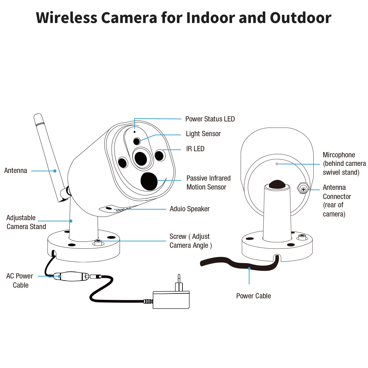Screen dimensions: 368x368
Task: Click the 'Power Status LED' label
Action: pos(210,119)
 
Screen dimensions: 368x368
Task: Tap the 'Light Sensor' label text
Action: pos(203,134)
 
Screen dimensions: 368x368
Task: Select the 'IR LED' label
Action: pos(195,149)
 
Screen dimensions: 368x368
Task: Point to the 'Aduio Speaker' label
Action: pos(190,209)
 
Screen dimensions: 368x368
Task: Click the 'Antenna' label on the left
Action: pos(16,171)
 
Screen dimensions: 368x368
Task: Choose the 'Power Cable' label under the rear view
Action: pos(253,296)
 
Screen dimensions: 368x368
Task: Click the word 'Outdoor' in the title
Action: pos(300,18)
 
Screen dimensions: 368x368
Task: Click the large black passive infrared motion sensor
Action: pos(149,181)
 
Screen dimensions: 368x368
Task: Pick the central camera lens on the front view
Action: pos(141,158)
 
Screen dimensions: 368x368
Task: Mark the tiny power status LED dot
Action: pos(134,132)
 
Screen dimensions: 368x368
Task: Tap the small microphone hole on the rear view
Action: pos(277,164)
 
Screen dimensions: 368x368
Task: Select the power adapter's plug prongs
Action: pos(179,283)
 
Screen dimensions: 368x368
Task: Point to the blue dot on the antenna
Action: pos(55,171)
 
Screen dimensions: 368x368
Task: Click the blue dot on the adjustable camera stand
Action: pos(71,221)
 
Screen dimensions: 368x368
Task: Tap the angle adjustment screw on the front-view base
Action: pos(98,242)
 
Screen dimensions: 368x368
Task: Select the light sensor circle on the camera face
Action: pos(137,141)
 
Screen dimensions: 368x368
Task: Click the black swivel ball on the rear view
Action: pos(277,184)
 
